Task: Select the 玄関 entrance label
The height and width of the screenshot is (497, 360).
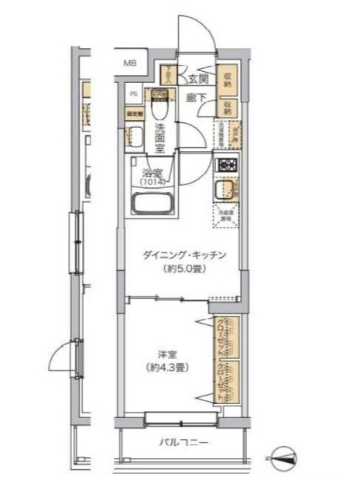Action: pyautogui.click(x=197, y=79)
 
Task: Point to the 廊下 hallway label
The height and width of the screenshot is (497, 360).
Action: pyautogui.click(x=195, y=98)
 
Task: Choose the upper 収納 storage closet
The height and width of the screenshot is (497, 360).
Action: pyautogui.click(x=228, y=78)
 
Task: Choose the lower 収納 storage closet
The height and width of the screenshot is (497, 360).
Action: pyautogui.click(x=228, y=107)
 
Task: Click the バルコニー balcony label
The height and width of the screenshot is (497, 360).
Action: pyautogui.click(x=183, y=444)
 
